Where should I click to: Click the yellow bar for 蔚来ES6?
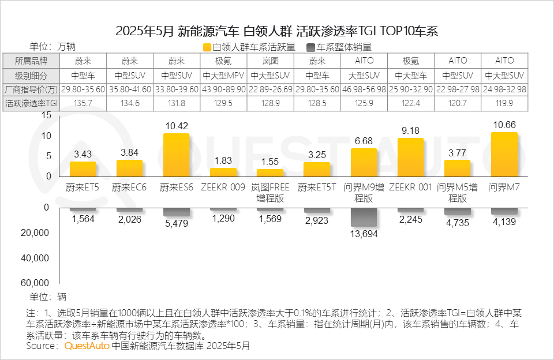176,155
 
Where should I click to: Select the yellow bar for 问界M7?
504,155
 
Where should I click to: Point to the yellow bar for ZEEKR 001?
410,157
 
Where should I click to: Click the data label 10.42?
176,126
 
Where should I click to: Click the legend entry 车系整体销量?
339,47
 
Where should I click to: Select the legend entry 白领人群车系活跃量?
249,47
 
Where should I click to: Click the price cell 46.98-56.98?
364,89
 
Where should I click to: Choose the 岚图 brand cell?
270,61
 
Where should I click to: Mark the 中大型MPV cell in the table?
223,75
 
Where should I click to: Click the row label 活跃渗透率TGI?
31,104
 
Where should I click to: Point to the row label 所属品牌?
31,61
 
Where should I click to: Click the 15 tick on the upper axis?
47,115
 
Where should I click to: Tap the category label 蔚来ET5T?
317,187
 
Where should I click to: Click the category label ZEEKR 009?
223,187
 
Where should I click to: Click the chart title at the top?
277,31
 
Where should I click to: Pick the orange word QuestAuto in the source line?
86,346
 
